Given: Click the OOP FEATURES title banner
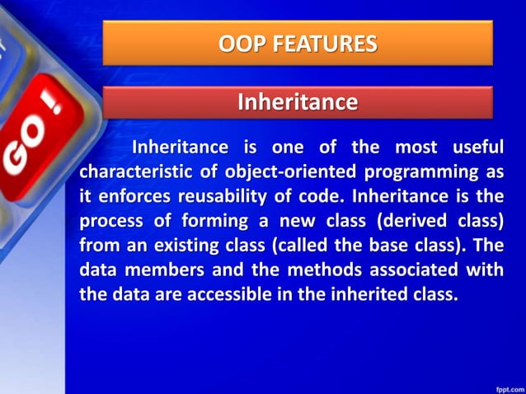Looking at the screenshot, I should [x=298, y=43].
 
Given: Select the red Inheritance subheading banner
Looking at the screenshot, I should [x=298, y=102].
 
